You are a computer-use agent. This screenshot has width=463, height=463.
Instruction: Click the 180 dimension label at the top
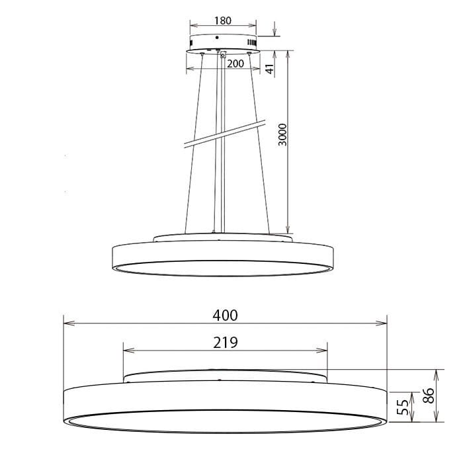point(223,21)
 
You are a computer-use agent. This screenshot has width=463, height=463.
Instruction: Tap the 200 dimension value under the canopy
point(235,63)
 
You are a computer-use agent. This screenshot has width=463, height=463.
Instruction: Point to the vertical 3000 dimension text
point(283,135)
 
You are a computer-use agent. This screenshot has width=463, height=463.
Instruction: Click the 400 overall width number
point(225,316)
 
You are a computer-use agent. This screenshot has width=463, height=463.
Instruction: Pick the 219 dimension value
point(226,342)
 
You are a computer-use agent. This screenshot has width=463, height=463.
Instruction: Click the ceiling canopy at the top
point(222,41)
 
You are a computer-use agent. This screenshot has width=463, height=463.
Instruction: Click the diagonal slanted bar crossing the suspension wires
point(225,134)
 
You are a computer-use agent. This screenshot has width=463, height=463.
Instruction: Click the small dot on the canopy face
point(217,38)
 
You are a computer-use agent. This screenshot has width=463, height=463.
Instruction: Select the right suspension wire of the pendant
point(260,146)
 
